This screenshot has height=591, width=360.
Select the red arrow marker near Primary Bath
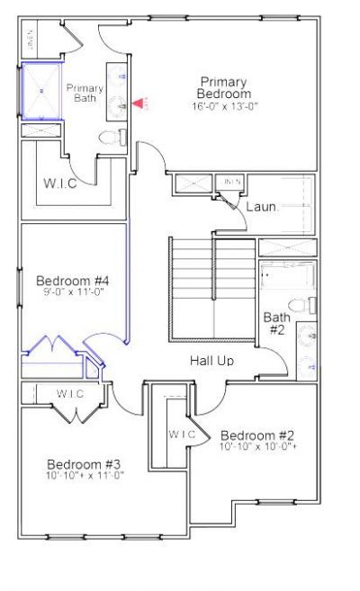pos(138,104)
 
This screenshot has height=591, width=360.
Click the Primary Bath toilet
pos(110,138)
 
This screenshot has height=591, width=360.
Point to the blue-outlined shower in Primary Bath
pos(40,91)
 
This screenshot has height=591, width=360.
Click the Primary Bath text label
pos(85,92)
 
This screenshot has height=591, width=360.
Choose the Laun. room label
pos(261,207)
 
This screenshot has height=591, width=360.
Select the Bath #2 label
pos(276,323)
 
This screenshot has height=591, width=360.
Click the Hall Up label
pos(212,360)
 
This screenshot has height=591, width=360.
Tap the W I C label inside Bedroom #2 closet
pos(182,434)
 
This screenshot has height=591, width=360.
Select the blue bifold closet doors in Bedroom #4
pos(54,347)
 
